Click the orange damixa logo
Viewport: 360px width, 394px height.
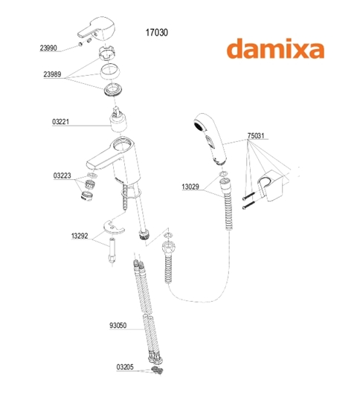275,49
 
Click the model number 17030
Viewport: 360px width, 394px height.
157,33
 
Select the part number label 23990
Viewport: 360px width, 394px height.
48,48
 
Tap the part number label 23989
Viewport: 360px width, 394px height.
52,74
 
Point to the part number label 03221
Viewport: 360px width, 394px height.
60,122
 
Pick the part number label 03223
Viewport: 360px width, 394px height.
62,175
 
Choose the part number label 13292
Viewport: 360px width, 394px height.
80,236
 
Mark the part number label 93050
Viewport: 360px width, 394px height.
118,326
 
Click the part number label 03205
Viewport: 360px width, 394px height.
125,367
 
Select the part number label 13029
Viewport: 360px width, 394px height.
190,187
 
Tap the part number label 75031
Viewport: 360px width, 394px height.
256,136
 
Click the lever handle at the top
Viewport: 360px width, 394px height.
96,29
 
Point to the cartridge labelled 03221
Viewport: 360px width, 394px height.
118,120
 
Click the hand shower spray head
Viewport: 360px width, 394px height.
210,139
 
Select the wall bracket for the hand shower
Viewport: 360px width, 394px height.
271,185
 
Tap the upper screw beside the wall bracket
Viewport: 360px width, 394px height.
249,196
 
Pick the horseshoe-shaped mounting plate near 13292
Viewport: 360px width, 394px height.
114,227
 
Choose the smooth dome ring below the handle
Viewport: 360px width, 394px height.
110,71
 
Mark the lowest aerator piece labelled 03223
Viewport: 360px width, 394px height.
87,196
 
